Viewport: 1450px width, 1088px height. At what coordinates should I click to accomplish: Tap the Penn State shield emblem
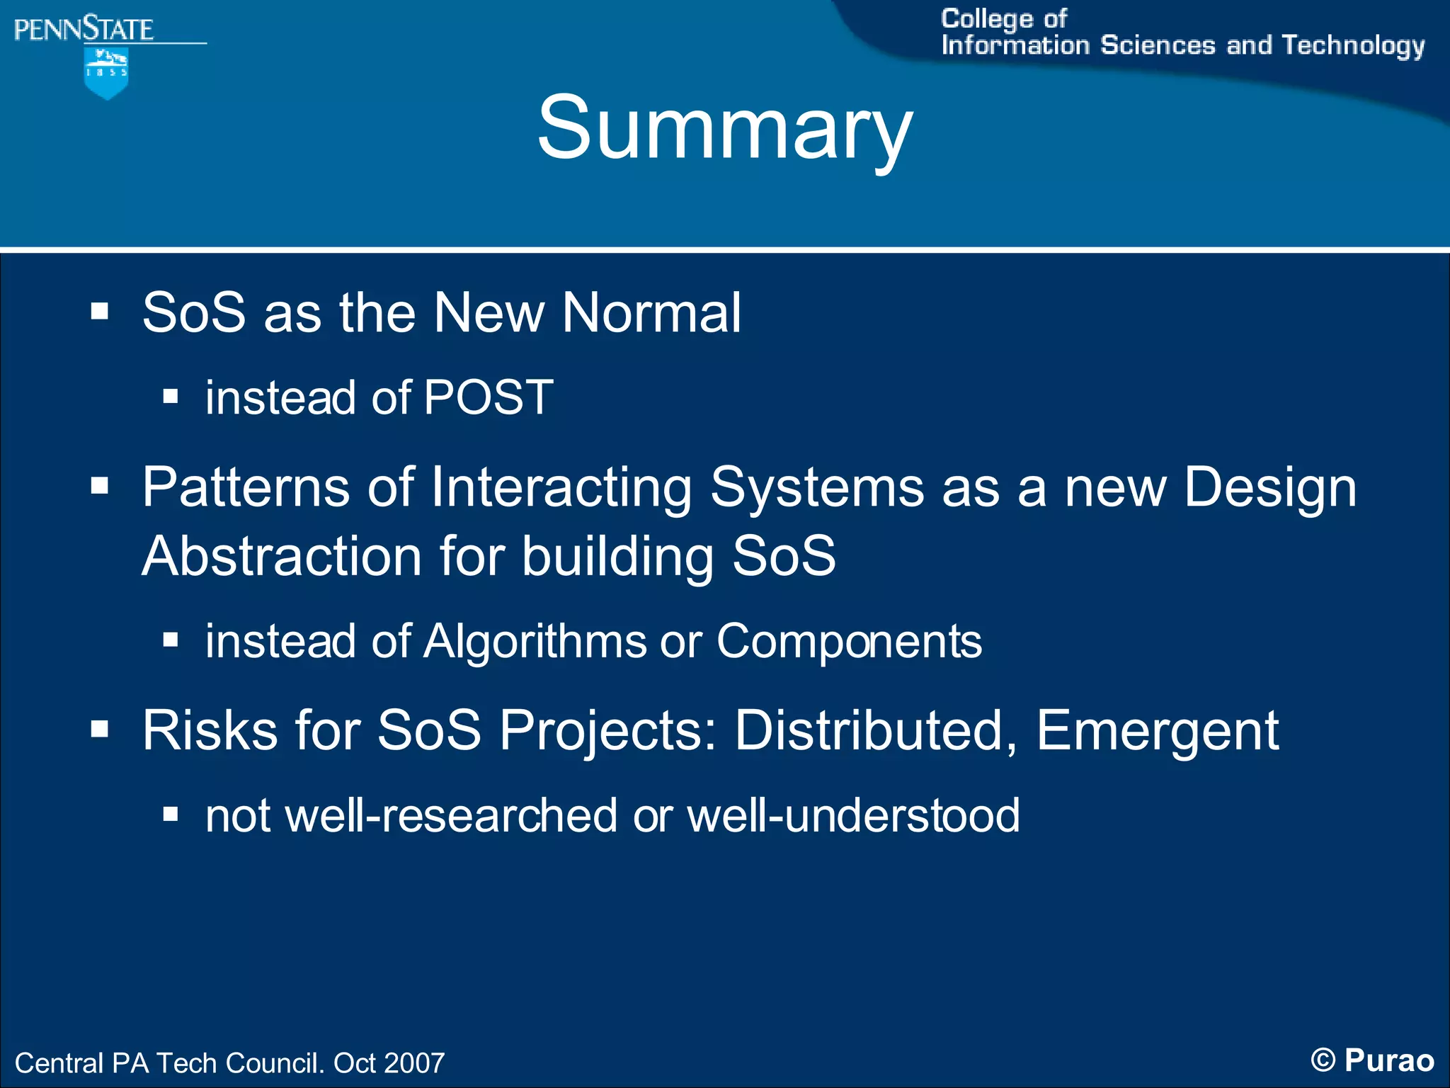click(x=106, y=73)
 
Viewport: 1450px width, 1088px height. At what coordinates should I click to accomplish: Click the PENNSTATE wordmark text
click(x=84, y=30)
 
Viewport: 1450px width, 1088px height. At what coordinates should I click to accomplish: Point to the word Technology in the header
click(x=1353, y=45)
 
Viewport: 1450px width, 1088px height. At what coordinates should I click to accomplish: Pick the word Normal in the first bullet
click(x=651, y=312)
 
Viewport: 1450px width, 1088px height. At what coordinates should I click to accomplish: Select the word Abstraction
click(x=282, y=556)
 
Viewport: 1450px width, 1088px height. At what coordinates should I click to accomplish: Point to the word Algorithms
click(x=535, y=641)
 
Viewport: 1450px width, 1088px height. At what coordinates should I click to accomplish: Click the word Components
click(x=849, y=641)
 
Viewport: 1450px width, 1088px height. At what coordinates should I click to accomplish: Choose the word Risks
click(x=210, y=730)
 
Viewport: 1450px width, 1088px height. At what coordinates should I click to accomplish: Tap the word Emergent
click(x=1157, y=730)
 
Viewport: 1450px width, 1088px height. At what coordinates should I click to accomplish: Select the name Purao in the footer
click(x=1389, y=1060)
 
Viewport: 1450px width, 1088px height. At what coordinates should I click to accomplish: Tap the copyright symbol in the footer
click(x=1323, y=1060)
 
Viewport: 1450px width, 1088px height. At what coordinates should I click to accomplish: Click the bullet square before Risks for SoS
click(x=100, y=730)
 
